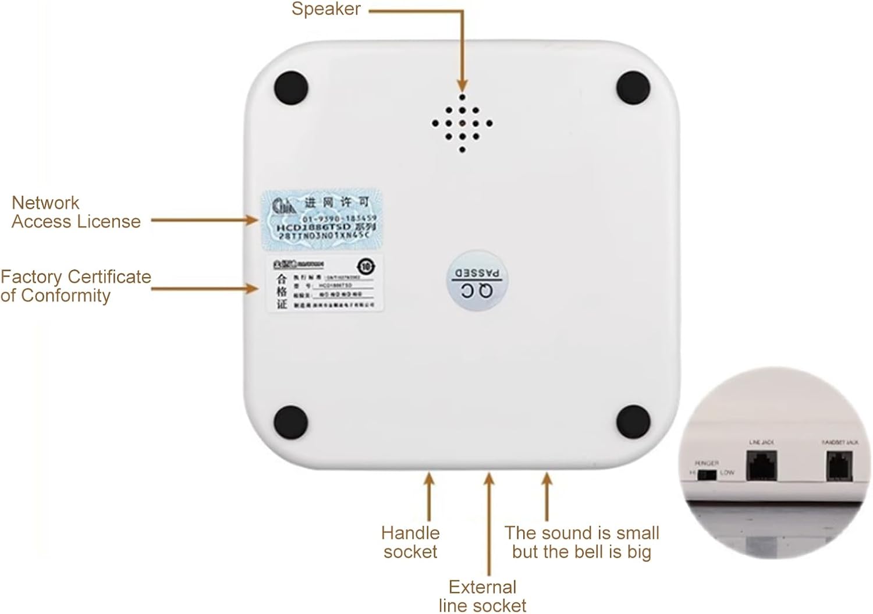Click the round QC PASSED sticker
pyautogui.click(x=477, y=282)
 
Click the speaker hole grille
pyautogui.click(x=462, y=123)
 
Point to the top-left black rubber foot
pyautogui.click(x=291, y=87)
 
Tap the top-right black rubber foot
pyautogui.click(x=633, y=87)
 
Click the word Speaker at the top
pyautogui.click(x=326, y=9)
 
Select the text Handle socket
pyautogui.click(x=410, y=542)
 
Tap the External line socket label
pyautogui.click(x=482, y=595)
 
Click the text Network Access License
pyautogui.click(x=76, y=212)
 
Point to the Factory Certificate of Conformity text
pyautogui.click(x=76, y=286)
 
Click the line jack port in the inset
pyautogui.click(x=762, y=466)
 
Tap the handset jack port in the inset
pyautogui.click(x=839, y=466)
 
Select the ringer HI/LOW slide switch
pyautogui.click(x=707, y=474)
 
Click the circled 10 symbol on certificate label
pyautogui.click(x=366, y=267)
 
